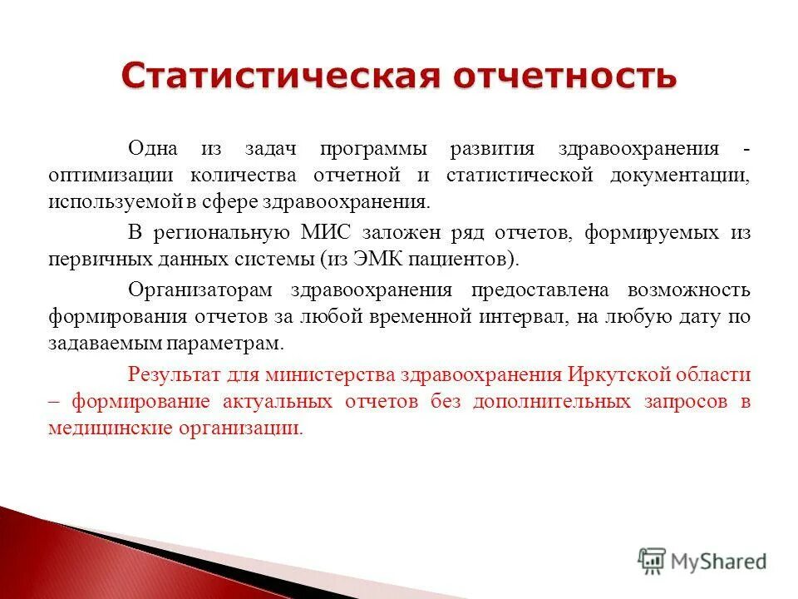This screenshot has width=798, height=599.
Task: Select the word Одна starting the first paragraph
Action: (153, 149)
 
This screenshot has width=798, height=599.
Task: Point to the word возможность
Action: (689, 290)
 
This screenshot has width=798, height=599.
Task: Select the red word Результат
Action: (170, 374)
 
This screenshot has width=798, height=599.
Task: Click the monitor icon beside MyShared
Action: (652, 561)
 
